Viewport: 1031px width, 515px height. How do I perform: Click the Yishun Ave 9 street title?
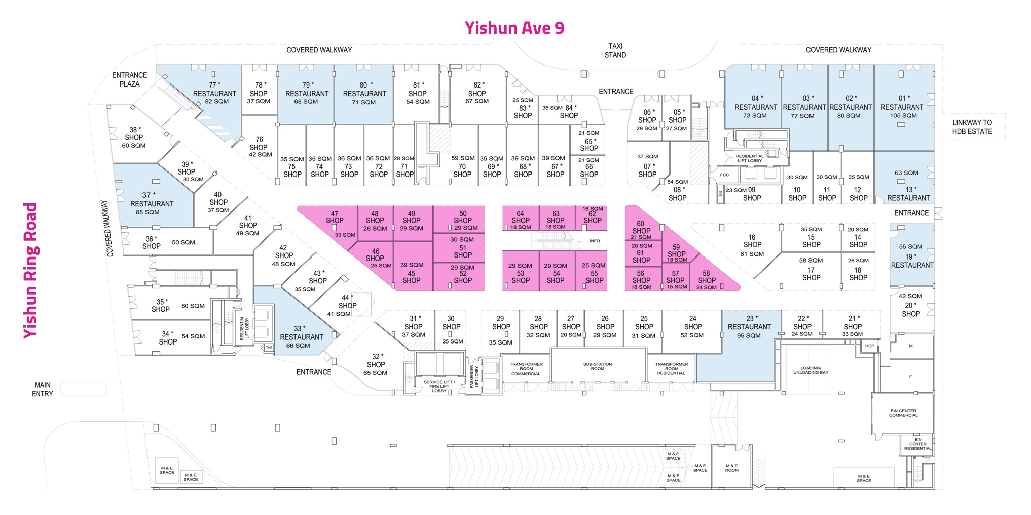point(514,28)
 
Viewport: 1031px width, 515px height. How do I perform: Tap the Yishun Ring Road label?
point(30,271)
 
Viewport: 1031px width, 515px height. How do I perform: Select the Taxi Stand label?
point(615,51)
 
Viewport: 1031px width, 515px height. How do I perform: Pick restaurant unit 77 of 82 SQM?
point(214,93)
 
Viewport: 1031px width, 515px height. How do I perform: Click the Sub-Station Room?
point(598,367)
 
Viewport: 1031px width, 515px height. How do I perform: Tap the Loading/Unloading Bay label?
point(811,370)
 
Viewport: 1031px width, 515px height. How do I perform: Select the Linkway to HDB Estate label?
point(972,127)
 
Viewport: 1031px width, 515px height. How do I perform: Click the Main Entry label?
point(42,389)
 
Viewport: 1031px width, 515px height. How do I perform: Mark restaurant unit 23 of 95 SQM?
point(749,327)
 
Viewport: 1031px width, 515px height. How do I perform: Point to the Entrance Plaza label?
point(129,79)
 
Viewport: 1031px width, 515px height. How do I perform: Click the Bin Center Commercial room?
point(903,413)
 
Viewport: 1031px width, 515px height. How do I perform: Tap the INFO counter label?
point(595,241)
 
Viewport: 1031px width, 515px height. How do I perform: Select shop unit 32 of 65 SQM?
point(376,364)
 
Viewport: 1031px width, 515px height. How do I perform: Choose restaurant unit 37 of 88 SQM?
point(152,203)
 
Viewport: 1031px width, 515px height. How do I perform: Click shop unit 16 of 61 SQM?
point(752,245)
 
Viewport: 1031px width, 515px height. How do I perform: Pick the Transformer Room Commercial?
point(526,369)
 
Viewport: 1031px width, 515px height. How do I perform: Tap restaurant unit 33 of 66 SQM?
point(301,337)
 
